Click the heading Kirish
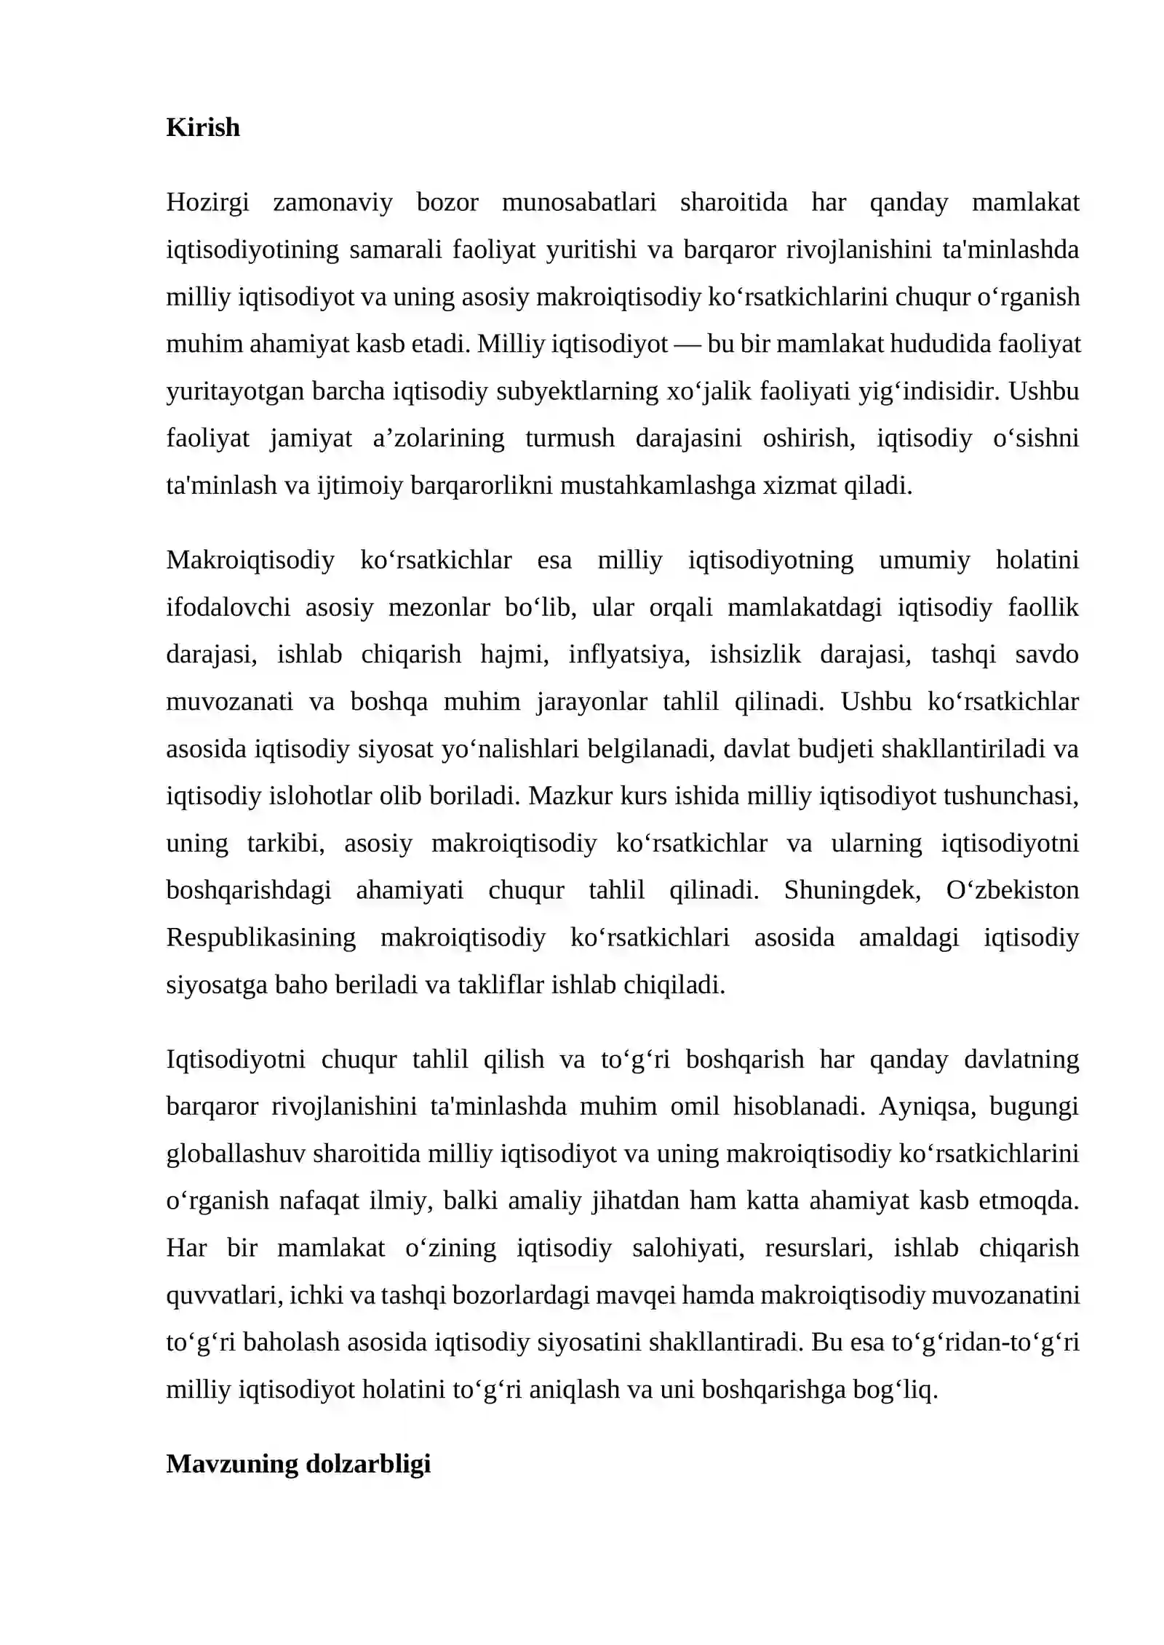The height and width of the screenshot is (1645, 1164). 202,127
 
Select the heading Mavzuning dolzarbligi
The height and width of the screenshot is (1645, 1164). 298,1464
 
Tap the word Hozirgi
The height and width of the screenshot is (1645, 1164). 207,202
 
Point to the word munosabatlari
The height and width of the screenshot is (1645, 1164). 578,202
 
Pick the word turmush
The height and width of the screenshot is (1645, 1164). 570,439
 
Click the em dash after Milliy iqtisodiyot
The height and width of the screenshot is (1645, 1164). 687,344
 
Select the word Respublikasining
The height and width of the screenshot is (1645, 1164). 260,937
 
